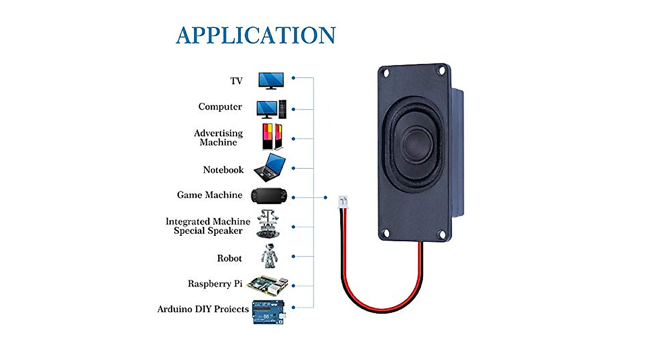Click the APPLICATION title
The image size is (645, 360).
(x=256, y=35)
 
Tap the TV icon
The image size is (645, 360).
(x=271, y=81)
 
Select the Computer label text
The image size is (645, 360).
(x=220, y=106)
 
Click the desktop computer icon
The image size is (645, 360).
(x=271, y=109)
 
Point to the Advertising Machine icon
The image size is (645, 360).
(x=272, y=137)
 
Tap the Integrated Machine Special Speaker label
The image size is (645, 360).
(x=208, y=226)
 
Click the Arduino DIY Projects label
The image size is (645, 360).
(x=203, y=309)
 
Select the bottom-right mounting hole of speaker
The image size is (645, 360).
(x=442, y=235)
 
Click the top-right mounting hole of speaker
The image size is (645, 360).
(x=442, y=70)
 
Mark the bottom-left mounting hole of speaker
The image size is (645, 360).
(x=386, y=234)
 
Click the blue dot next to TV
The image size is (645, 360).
(x=293, y=78)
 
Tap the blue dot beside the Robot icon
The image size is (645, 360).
(x=293, y=256)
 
